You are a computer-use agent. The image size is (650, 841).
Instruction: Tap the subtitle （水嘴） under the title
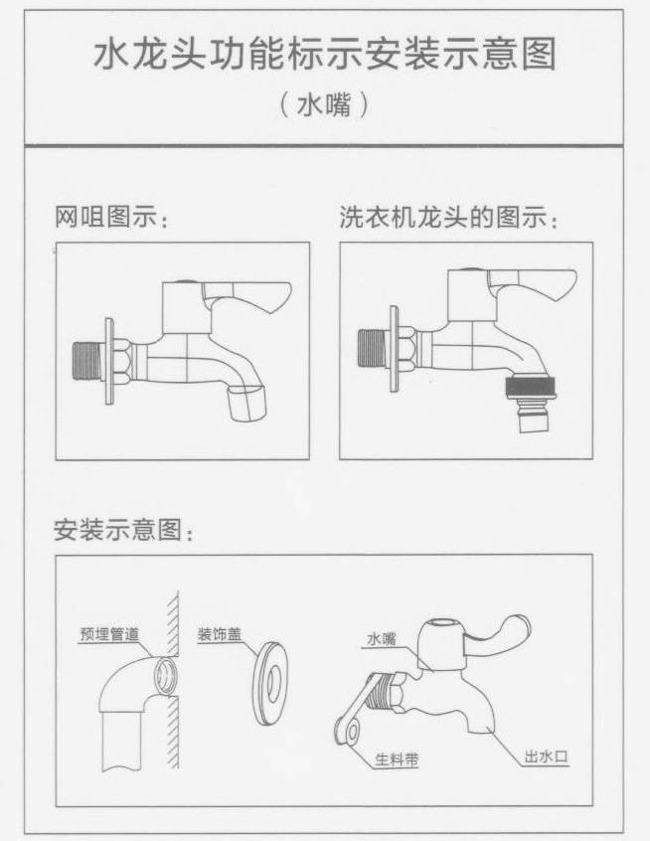[324, 105]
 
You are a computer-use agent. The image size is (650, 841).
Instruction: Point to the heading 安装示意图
[124, 531]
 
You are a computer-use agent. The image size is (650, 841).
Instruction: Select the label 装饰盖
[218, 633]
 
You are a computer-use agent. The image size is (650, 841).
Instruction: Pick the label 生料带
[396, 760]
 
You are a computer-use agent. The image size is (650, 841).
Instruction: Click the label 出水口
[546, 757]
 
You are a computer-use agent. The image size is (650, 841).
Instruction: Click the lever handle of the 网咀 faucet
[252, 294]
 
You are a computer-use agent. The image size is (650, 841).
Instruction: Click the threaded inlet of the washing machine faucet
[373, 350]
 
